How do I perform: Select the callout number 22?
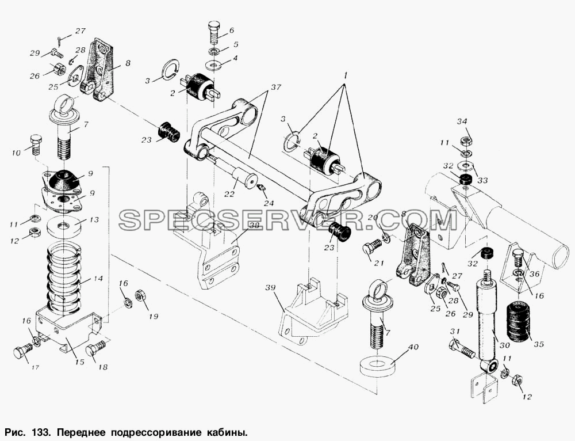(229, 194)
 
